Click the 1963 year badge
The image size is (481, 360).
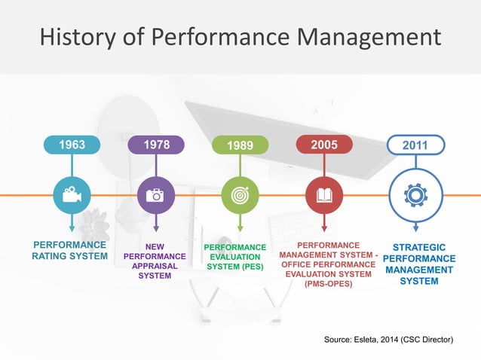pyautogui.click(x=72, y=144)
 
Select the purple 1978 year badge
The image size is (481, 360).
pyautogui.click(x=155, y=144)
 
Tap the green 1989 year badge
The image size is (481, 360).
pyautogui.click(x=240, y=145)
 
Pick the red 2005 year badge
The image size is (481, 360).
pyautogui.click(x=323, y=144)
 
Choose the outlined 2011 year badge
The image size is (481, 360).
pyautogui.click(x=415, y=144)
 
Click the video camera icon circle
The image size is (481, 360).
pyautogui.click(x=72, y=195)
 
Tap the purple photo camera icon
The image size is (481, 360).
pyautogui.click(x=155, y=195)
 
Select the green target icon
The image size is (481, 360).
pyautogui.click(x=240, y=195)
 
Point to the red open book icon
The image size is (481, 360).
pyautogui.click(x=323, y=195)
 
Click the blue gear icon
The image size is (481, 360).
pyautogui.click(x=415, y=195)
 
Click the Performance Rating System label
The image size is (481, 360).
pyautogui.click(x=69, y=252)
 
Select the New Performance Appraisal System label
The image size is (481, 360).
pyautogui.click(x=155, y=261)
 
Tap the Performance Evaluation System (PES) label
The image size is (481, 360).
pyautogui.click(x=235, y=257)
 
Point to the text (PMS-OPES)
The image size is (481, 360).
pyautogui.click(x=327, y=284)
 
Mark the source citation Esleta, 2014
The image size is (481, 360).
pyautogui.click(x=388, y=340)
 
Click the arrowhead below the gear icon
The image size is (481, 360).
pyautogui.click(x=415, y=227)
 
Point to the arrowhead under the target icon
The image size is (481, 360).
pyautogui.click(x=240, y=227)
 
